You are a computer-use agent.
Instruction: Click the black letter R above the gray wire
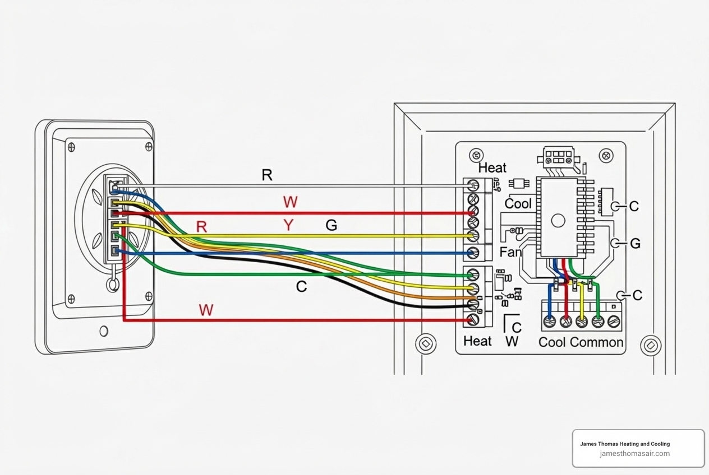click(267, 175)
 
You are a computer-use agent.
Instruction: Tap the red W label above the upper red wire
click(290, 202)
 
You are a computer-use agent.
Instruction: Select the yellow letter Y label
click(288, 225)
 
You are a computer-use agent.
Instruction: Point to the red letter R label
click(202, 227)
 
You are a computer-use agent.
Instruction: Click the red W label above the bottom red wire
click(206, 310)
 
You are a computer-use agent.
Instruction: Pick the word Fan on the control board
click(510, 252)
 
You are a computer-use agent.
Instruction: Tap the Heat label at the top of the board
click(492, 167)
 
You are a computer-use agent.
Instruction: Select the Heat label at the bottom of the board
click(477, 341)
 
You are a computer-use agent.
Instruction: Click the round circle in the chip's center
click(558, 220)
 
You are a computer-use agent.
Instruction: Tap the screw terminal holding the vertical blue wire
click(550, 322)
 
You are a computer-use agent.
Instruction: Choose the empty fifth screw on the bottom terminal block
click(614, 322)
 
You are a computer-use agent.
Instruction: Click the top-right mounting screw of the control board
click(606, 155)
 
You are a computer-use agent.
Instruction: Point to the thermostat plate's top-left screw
click(71, 147)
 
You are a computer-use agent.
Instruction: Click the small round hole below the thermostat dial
click(104, 331)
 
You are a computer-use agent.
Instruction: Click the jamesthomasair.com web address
click(634, 454)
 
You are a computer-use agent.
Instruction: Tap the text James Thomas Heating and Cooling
click(624, 444)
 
